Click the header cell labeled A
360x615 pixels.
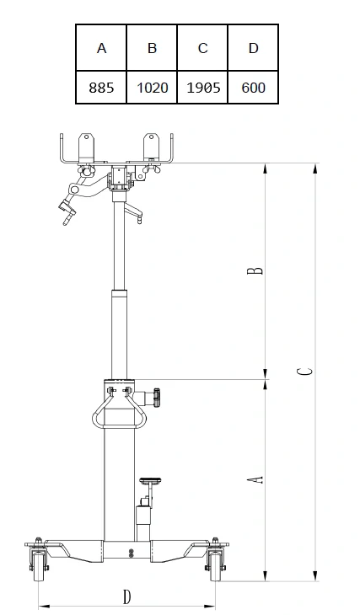[x=101, y=49]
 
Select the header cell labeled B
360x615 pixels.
[x=152, y=49]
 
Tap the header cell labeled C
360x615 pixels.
[x=202, y=49]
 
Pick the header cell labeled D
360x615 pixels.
[x=253, y=49]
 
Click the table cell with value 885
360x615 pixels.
[x=101, y=88]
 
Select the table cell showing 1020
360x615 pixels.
[x=152, y=88]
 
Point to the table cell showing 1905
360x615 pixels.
[x=202, y=88]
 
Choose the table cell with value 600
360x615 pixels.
[x=253, y=88]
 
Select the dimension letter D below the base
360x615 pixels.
[x=126, y=596]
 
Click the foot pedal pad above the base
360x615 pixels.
[x=152, y=480]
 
